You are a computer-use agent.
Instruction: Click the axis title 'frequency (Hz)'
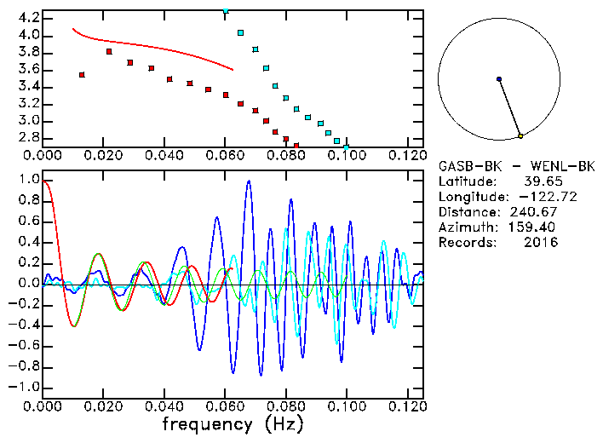[x=232, y=423]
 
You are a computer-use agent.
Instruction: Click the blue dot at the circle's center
[x=499, y=79]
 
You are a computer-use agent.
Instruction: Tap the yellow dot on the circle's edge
[x=520, y=135]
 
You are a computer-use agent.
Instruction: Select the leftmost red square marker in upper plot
[x=82, y=75]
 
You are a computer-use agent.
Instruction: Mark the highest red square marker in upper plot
[x=109, y=51]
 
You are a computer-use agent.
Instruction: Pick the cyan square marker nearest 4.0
[x=241, y=33]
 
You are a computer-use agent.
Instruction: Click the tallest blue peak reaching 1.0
[x=248, y=181]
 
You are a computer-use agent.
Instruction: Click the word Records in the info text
[x=465, y=242]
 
